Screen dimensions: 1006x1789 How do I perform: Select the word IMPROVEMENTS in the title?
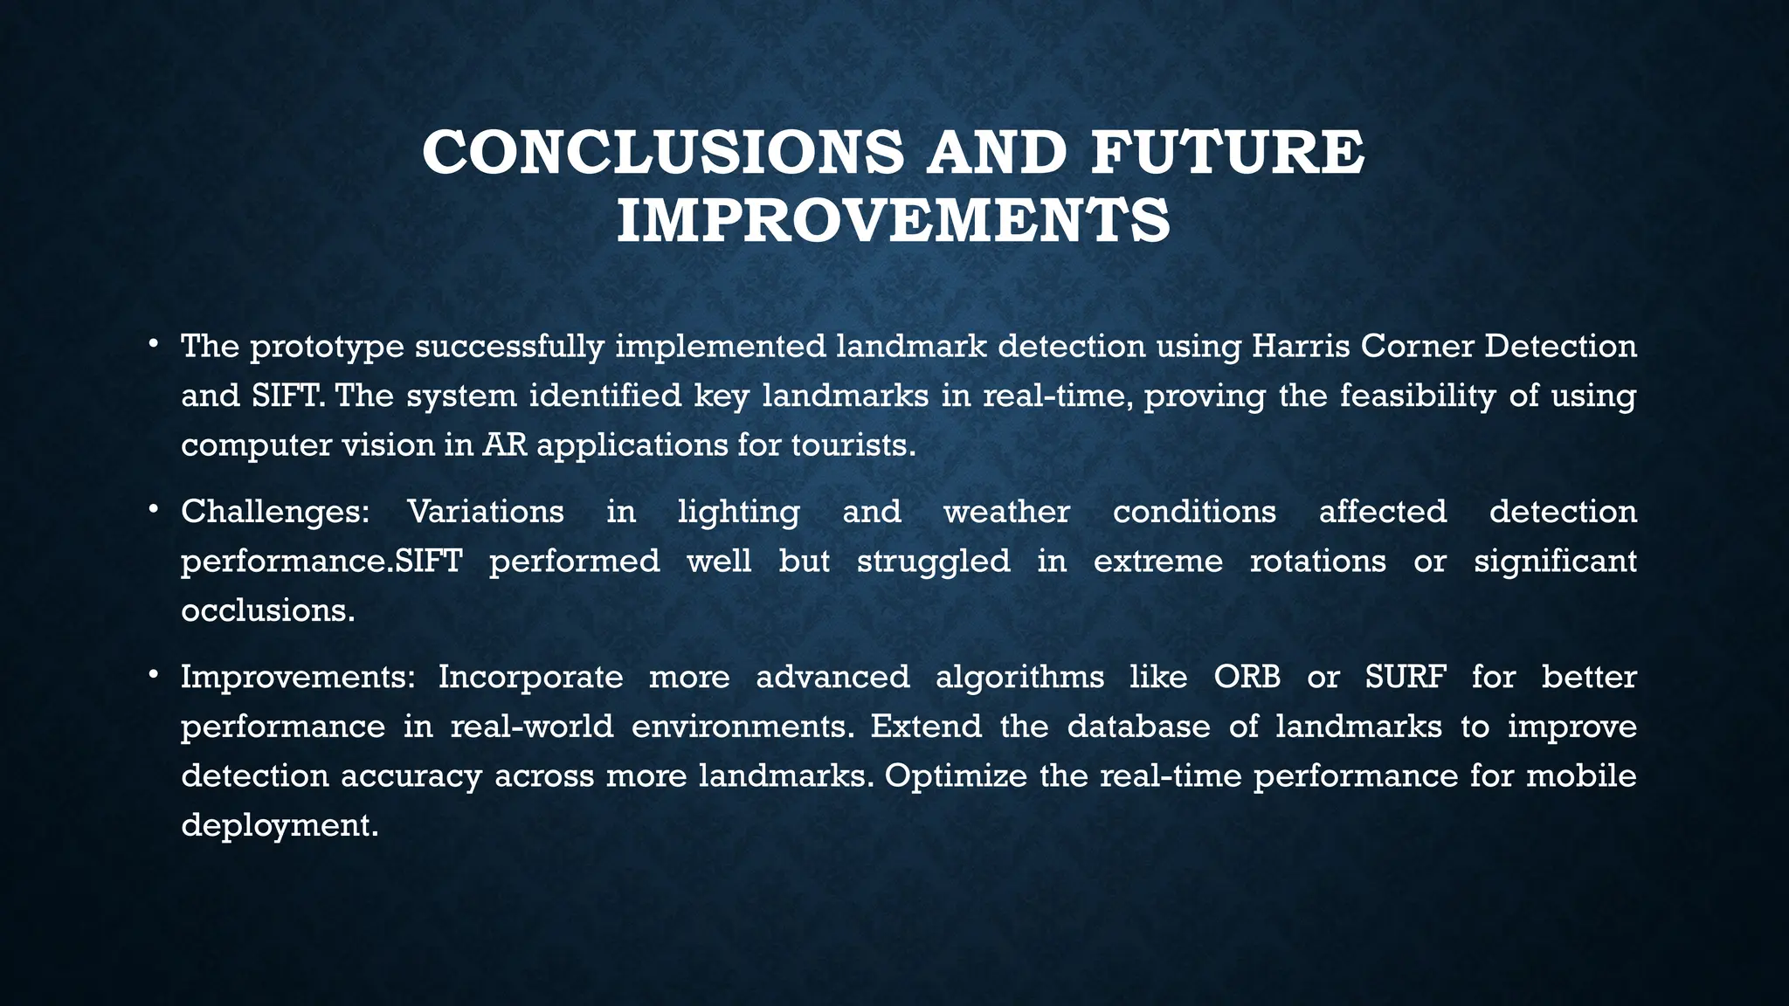click(x=893, y=221)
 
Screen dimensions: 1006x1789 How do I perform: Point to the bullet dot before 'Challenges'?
click(x=152, y=507)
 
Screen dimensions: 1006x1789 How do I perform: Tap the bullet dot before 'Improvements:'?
click(x=152, y=672)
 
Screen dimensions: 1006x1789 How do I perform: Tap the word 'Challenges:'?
click(x=275, y=512)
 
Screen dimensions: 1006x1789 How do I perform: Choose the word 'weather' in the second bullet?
click(x=1006, y=512)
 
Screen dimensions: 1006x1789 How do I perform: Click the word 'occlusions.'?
click(x=268, y=610)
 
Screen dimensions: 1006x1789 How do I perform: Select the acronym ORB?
click(x=1247, y=677)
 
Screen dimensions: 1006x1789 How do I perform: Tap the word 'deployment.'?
click(x=280, y=825)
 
